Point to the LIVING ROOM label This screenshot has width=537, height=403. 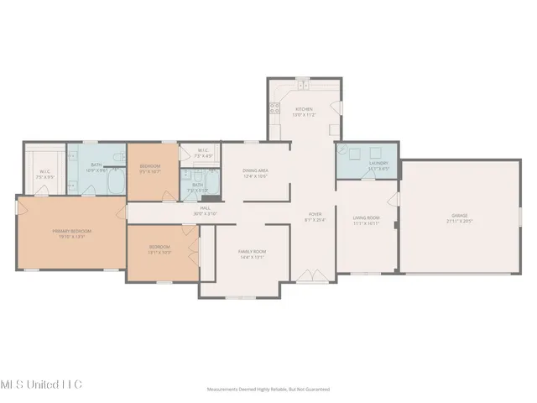(367, 218)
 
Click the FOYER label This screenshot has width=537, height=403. (315, 214)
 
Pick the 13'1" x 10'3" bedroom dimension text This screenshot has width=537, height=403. (159, 252)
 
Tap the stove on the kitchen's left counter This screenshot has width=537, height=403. (273, 107)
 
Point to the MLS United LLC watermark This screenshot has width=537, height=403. (42, 384)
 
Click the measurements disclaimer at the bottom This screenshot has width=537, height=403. (268, 390)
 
